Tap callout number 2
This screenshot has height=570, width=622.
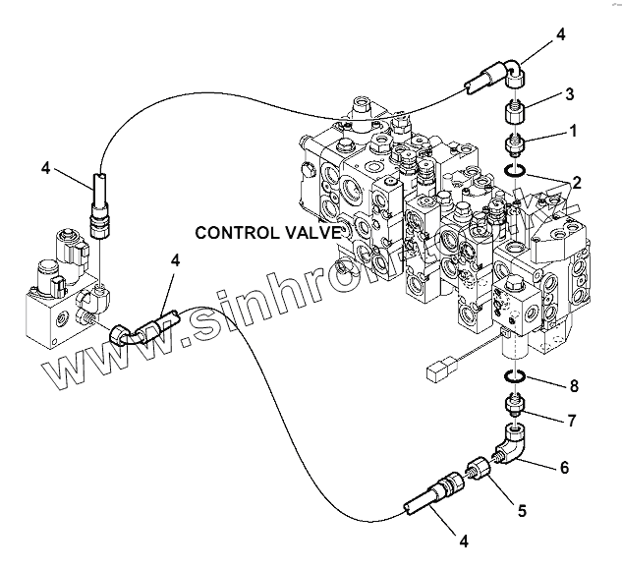pos(577,182)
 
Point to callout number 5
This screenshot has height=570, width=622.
pos(522,510)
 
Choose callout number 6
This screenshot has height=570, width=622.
pos(565,468)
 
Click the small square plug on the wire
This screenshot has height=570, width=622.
pos(438,371)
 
